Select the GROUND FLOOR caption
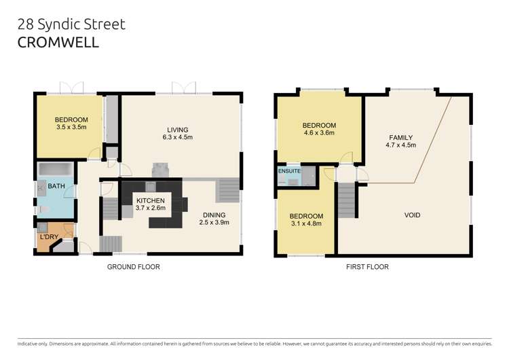134,267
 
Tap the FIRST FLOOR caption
366,267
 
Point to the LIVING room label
178,130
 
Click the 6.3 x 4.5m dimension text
178,138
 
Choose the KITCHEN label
151,201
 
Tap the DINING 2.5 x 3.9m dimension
215,223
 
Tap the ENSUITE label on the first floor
290,171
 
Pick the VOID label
412,215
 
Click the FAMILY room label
400,138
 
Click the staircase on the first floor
347,200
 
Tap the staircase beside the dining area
227,190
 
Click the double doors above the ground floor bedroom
70,88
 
